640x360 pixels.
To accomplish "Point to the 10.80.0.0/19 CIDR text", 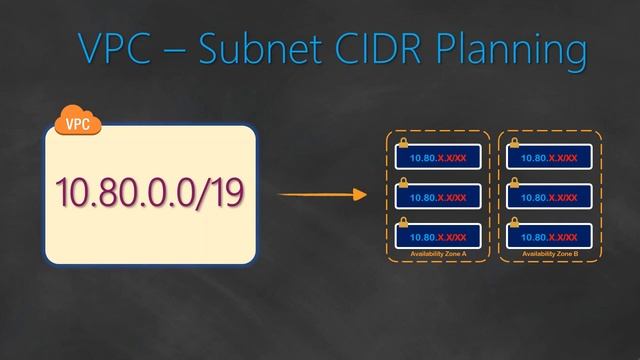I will [151, 193].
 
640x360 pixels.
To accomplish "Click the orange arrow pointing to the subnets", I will [320, 194].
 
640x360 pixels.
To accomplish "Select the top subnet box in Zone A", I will [438, 157].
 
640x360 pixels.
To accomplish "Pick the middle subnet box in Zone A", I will [438, 197].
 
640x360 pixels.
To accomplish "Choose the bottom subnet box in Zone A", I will [438, 236].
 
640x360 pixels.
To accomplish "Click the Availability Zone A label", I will [438, 255].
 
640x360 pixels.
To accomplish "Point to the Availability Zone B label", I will [549, 255].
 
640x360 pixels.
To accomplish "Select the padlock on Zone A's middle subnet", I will [404, 183].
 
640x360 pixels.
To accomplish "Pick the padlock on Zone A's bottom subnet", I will [404, 222].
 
